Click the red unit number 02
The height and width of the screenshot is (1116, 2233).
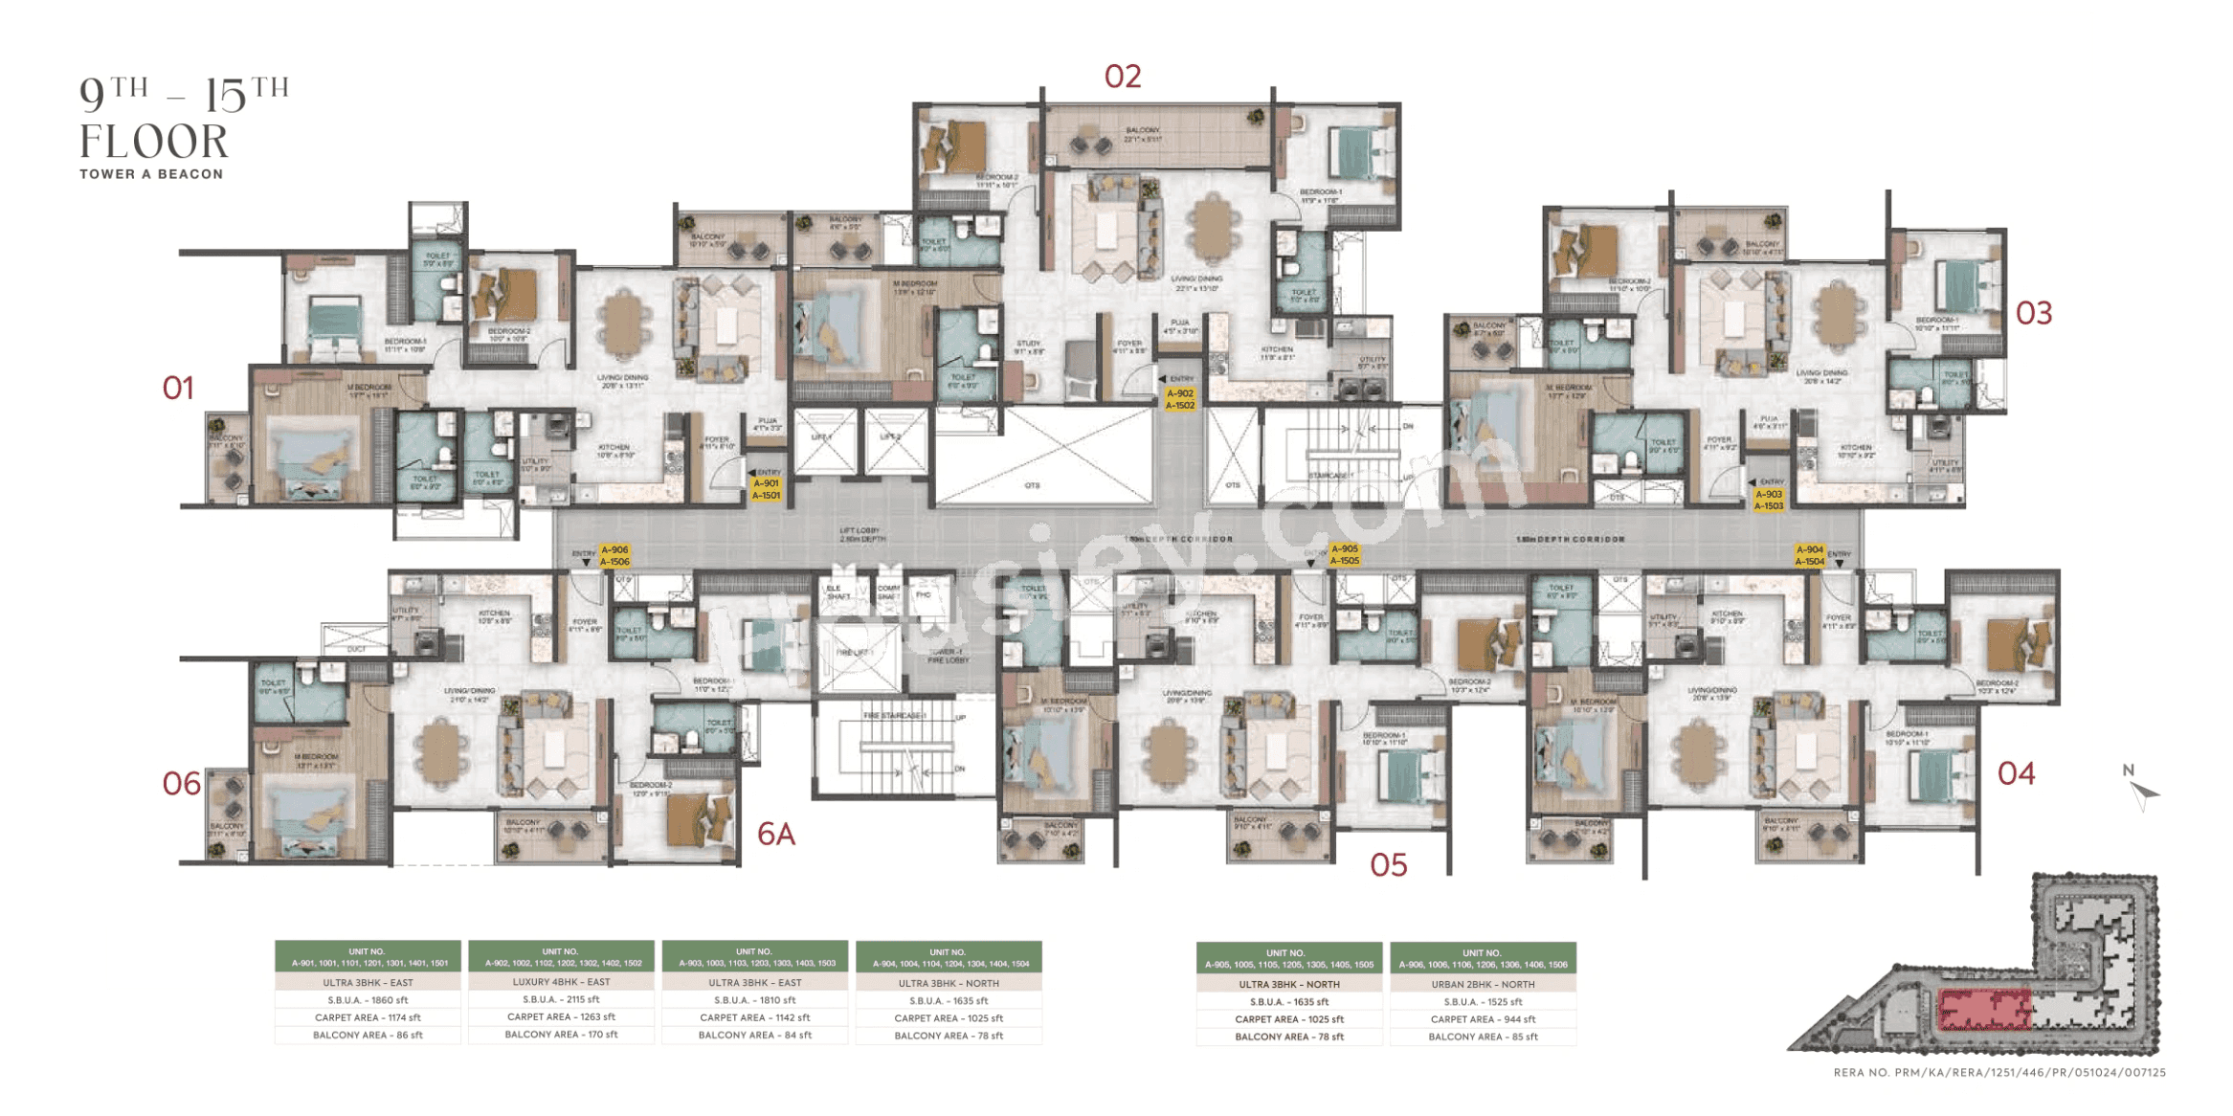point(1122,77)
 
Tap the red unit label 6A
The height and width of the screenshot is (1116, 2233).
point(775,835)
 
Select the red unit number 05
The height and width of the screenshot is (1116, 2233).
point(1388,865)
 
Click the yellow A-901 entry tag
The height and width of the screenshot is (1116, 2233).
point(766,489)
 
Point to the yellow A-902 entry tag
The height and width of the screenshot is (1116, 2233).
point(1179,399)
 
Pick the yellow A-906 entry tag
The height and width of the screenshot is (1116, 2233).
point(614,556)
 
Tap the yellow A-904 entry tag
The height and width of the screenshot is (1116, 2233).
point(1809,556)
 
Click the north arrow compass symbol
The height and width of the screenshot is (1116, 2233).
point(2142,791)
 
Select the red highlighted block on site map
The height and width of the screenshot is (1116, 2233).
point(1983,1010)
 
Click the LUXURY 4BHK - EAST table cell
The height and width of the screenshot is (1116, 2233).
point(561,982)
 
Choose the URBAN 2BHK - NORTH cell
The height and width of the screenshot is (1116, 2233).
point(1483,984)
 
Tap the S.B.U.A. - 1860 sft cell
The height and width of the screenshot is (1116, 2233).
point(368,1000)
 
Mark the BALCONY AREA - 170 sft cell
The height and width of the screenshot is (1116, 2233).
point(561,1035)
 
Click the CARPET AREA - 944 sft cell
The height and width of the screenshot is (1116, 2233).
point(1483,1019)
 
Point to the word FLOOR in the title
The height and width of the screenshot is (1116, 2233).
point(154,142)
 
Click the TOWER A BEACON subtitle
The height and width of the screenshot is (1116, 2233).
point(151,174)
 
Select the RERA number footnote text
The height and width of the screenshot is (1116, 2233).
point(1999,1073)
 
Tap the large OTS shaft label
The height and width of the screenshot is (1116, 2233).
point(1032,485)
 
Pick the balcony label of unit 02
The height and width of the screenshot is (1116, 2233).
point(1143,134)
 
